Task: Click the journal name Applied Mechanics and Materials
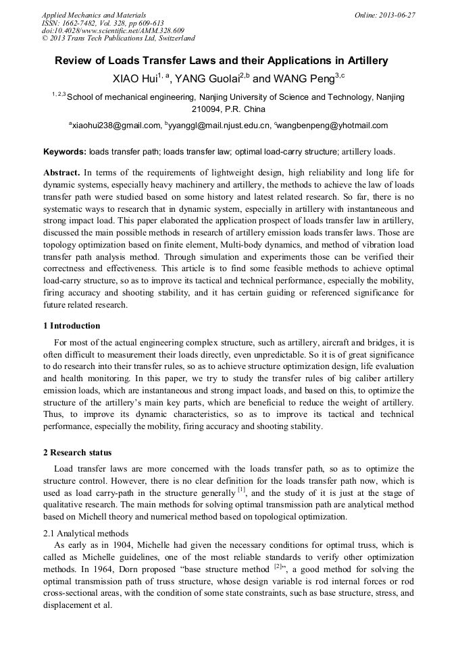tap(94, 14)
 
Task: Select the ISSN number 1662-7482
tap(87, 22)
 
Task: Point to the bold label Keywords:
tap(64, 152)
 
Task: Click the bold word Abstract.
tap(61, 173)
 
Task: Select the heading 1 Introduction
tap(71, 326)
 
